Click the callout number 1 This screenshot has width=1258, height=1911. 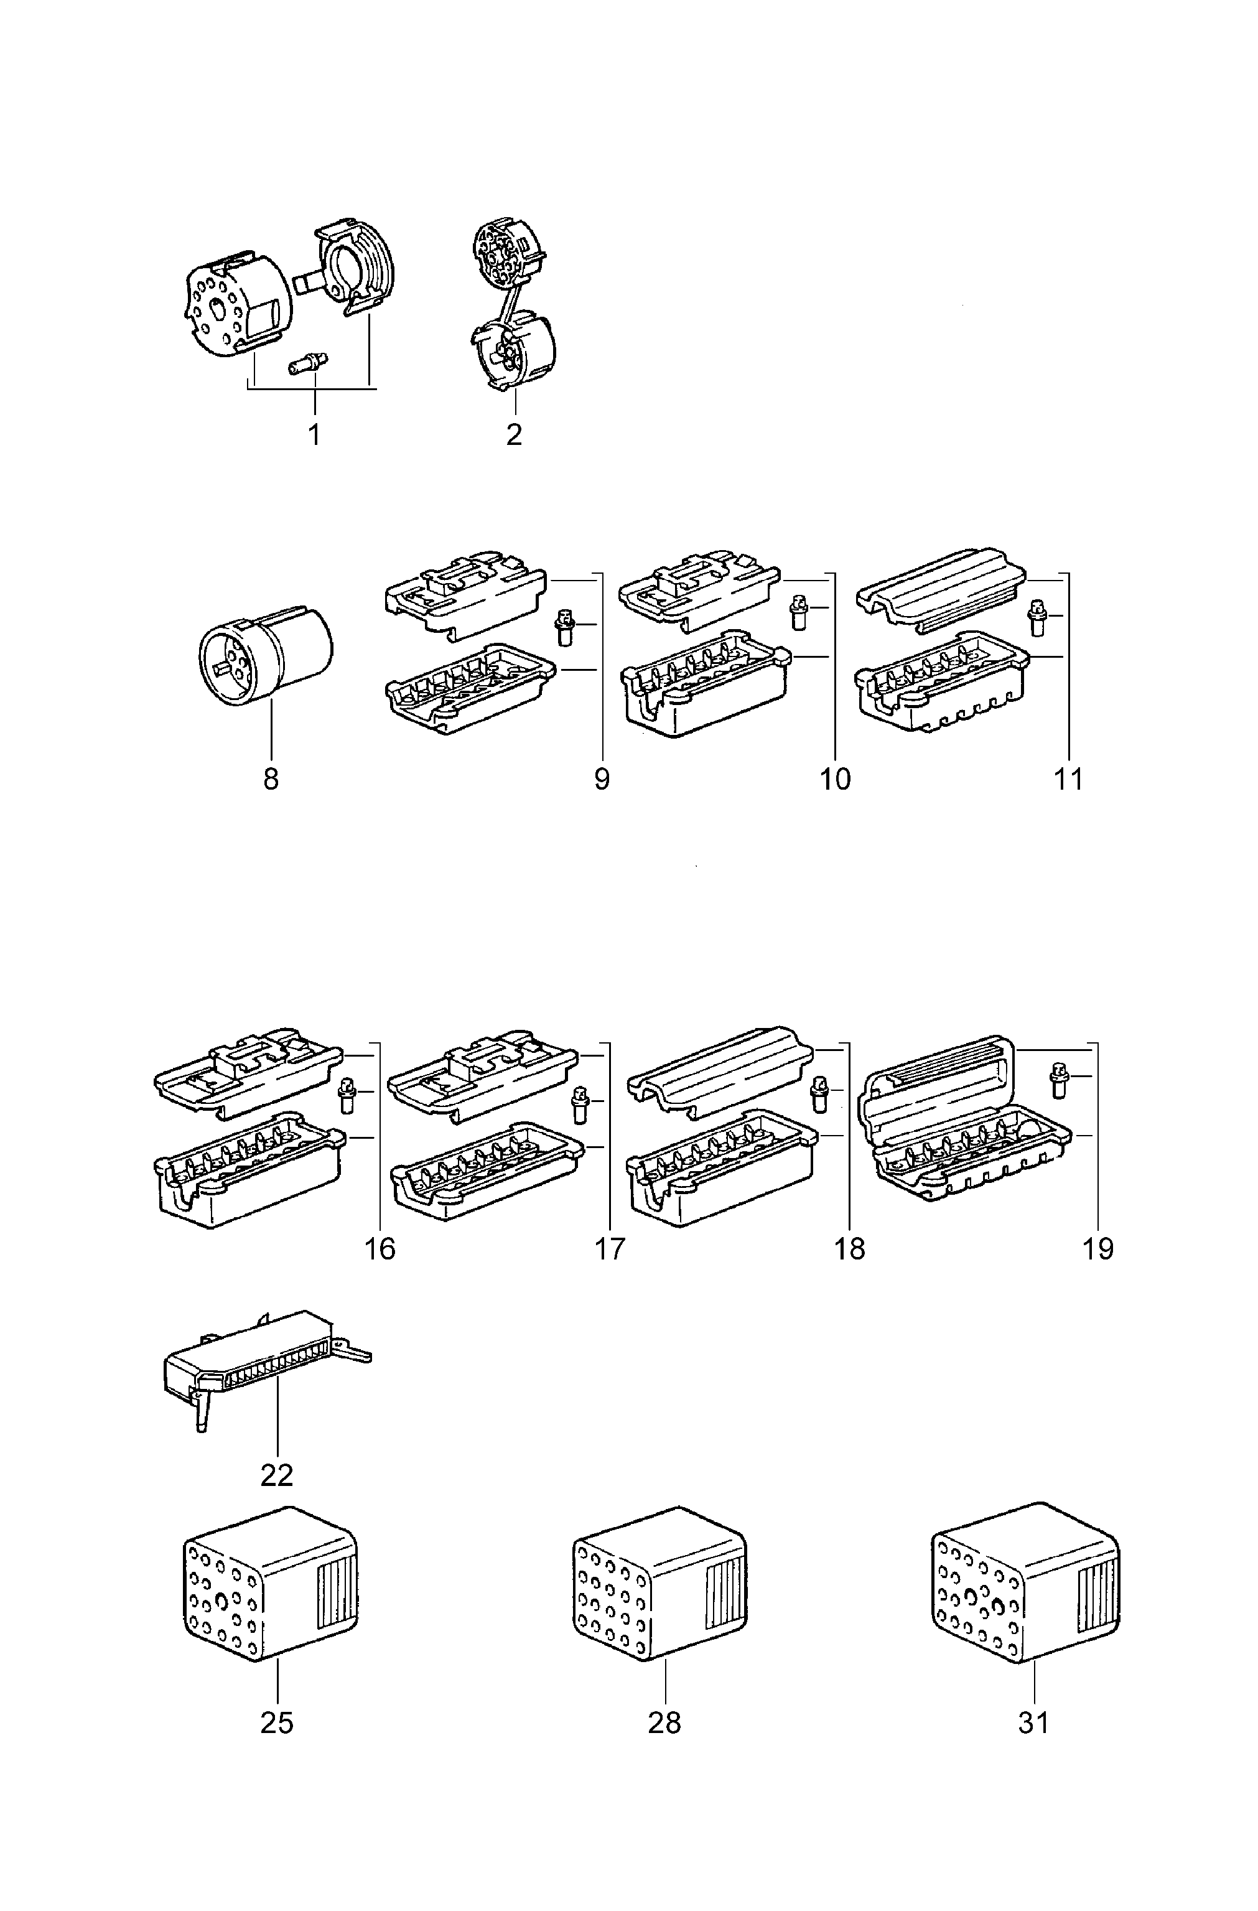[315, 434]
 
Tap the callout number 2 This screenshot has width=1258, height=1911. [514, 434]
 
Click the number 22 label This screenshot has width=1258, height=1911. [277, 1474]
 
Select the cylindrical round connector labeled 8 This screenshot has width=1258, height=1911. [265, 655]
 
